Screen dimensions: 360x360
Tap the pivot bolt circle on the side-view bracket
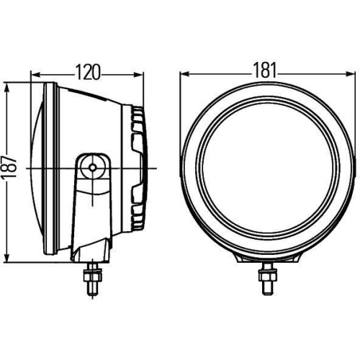pyautogui.click(x=91, y=166)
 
